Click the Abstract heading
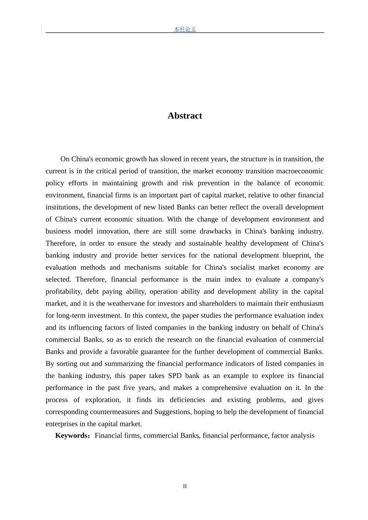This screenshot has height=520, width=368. (185, 116)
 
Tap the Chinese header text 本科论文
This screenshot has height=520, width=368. (185, 29)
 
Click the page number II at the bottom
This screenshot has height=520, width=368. (185, 486)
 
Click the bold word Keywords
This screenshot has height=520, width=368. (72, 436)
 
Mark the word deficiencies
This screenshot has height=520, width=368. (187, 400)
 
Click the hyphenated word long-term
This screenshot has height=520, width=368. (73, 315)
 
